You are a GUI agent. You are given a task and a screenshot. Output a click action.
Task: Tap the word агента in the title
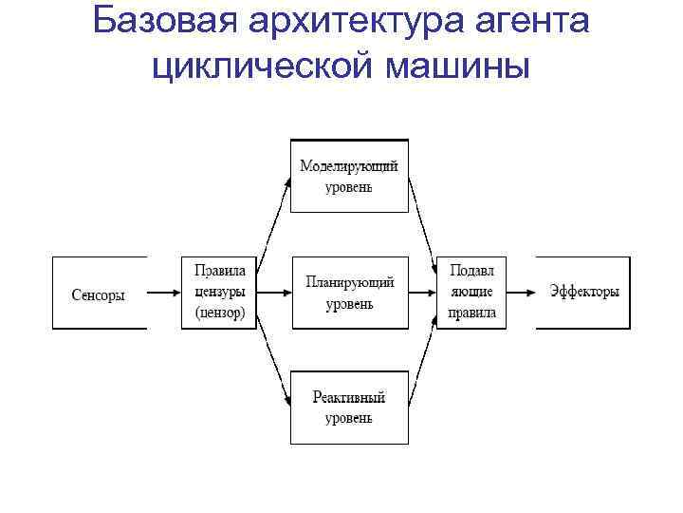click(x=526, y=21)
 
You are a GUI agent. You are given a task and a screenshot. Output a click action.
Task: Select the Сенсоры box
click(x=100, y=293)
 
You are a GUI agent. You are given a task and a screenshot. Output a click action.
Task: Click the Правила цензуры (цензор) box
click(x=219, y=293)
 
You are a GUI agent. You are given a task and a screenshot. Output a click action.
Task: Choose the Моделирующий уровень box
click(x=349, y=176)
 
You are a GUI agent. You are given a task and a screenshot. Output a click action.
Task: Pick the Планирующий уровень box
click(x=349, y=293)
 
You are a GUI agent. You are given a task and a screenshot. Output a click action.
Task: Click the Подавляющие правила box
click(x=471, y=293)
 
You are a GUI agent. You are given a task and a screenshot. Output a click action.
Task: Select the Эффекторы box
click(x=583, y=293)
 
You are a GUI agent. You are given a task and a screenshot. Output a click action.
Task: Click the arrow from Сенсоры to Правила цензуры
click(x=164, y=293)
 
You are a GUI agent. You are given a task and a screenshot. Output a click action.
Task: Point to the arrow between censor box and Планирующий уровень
click(x=274, y=293)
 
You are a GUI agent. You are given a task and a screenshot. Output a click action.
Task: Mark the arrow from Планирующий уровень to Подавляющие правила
click(x=422, y=293)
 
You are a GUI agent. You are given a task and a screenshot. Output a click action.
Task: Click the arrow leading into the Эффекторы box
click(x=521, y=293)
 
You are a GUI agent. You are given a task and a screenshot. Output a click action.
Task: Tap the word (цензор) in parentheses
click(x=219, y=313)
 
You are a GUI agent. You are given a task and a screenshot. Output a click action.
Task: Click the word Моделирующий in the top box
click(x=349, y=166)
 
